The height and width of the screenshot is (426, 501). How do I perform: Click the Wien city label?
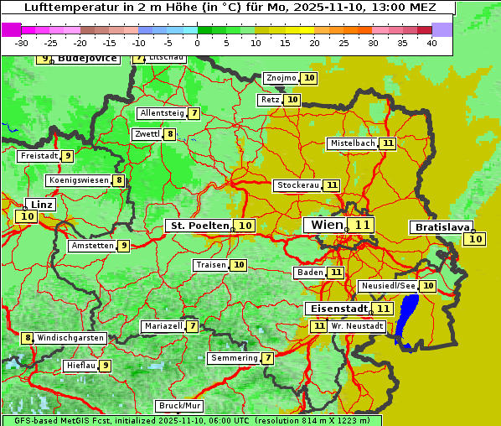[324, 225]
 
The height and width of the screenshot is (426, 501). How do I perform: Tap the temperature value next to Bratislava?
[475, 239]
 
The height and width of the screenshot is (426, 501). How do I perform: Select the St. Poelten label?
[199, 226]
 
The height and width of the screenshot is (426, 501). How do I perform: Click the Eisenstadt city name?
[336, 309]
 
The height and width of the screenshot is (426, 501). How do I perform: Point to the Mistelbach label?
[352, 143]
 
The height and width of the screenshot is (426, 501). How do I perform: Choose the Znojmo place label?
[281, 78]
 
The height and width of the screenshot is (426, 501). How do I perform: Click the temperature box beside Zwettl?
[170, 134]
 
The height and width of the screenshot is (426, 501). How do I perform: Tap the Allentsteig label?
[162, 113]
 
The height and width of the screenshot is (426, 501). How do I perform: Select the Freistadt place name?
[39, 156]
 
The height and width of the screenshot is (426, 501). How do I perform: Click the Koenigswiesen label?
[79, 180]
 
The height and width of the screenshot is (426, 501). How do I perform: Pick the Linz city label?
[41, 205]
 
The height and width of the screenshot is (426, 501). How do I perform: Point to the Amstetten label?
[92, 246]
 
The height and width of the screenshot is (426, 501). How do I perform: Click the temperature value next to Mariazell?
[192, 326]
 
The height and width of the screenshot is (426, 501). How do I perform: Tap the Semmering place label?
[235, 358]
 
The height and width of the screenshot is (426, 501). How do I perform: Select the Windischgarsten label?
[70, 338]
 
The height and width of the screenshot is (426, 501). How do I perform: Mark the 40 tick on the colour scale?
[431, 43]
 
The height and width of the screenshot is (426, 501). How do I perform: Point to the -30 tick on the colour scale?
[22, 43]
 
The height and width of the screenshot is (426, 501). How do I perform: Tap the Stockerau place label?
[297, 185]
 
